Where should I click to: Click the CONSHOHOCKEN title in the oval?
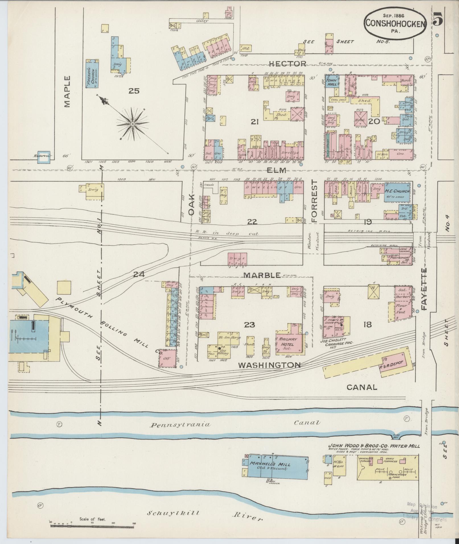tap(396, 23)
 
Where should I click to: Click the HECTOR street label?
tap(287, 63)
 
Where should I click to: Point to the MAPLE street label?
tap(67, 91)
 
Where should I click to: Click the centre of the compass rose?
tap(133, 124)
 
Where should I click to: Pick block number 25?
tap(133, 91)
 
